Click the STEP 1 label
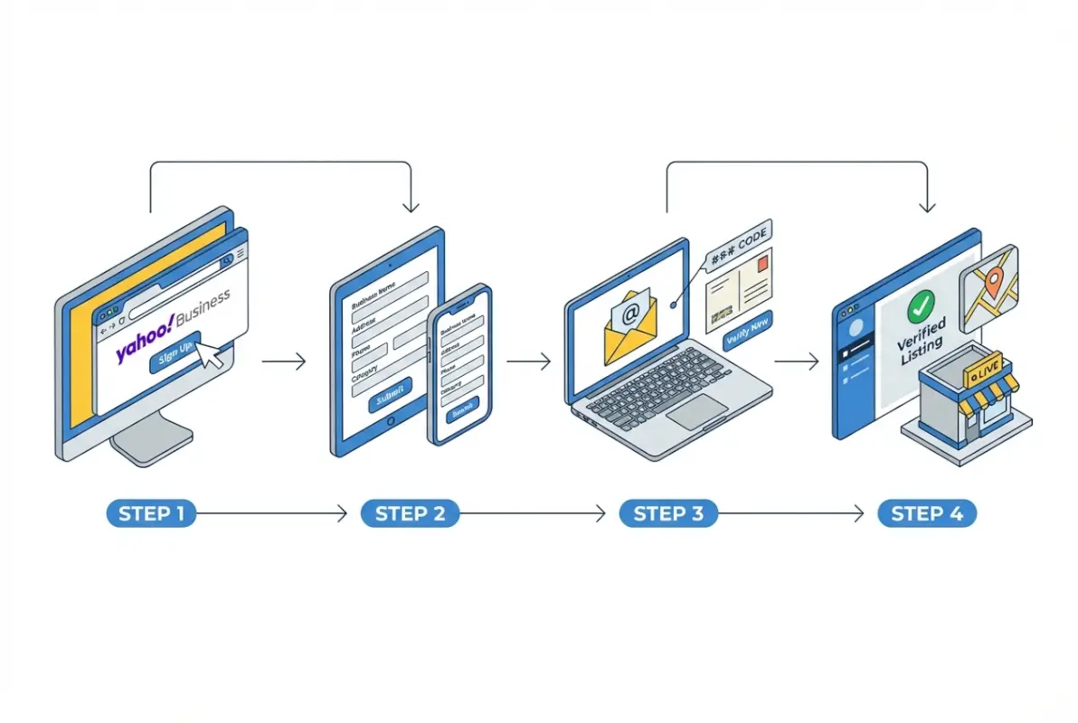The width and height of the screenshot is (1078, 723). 151,513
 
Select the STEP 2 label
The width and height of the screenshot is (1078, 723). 410,513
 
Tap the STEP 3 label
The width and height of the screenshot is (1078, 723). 668,513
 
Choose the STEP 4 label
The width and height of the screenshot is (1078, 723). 927,513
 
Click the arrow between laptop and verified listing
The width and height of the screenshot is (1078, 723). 796,361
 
